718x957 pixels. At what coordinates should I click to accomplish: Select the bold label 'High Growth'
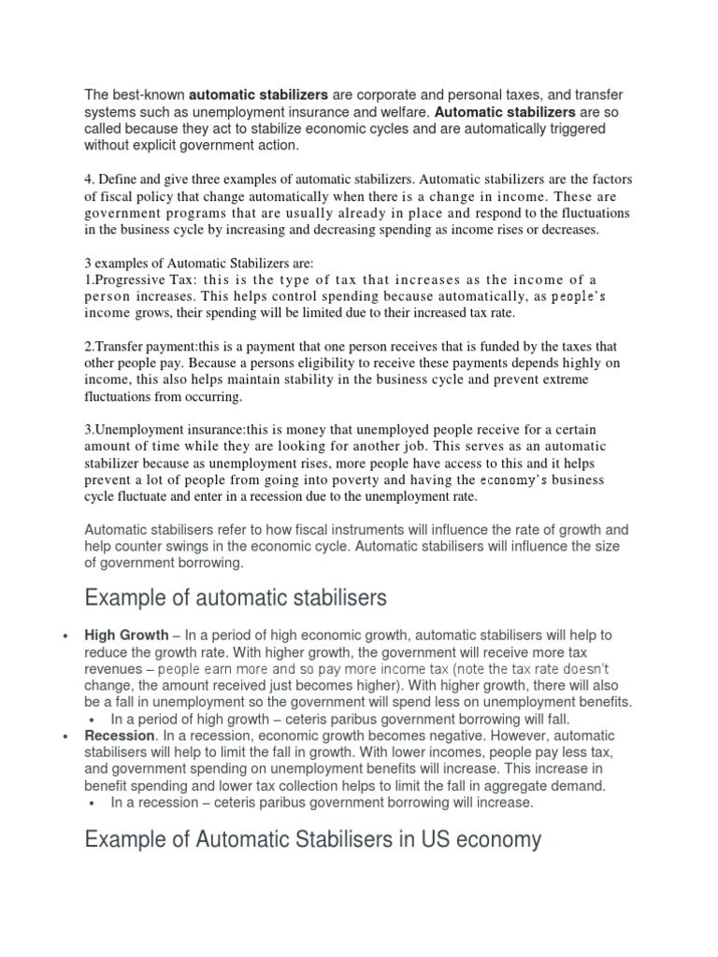pos(126,635)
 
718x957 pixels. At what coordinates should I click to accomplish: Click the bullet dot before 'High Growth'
pos(65,636)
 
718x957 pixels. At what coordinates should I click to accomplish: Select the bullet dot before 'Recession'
pos(65,737)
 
